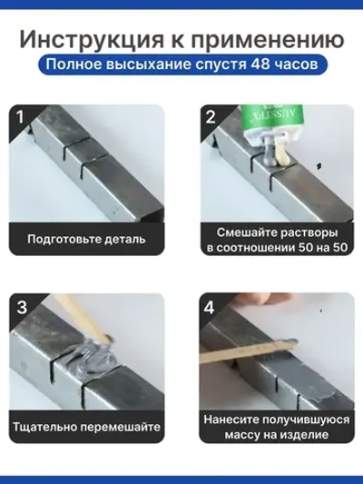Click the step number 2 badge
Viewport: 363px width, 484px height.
[211, 116]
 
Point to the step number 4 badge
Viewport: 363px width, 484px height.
[211, 306]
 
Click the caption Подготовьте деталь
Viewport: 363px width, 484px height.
[86, 240]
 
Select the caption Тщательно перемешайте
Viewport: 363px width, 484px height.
[86, 427]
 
